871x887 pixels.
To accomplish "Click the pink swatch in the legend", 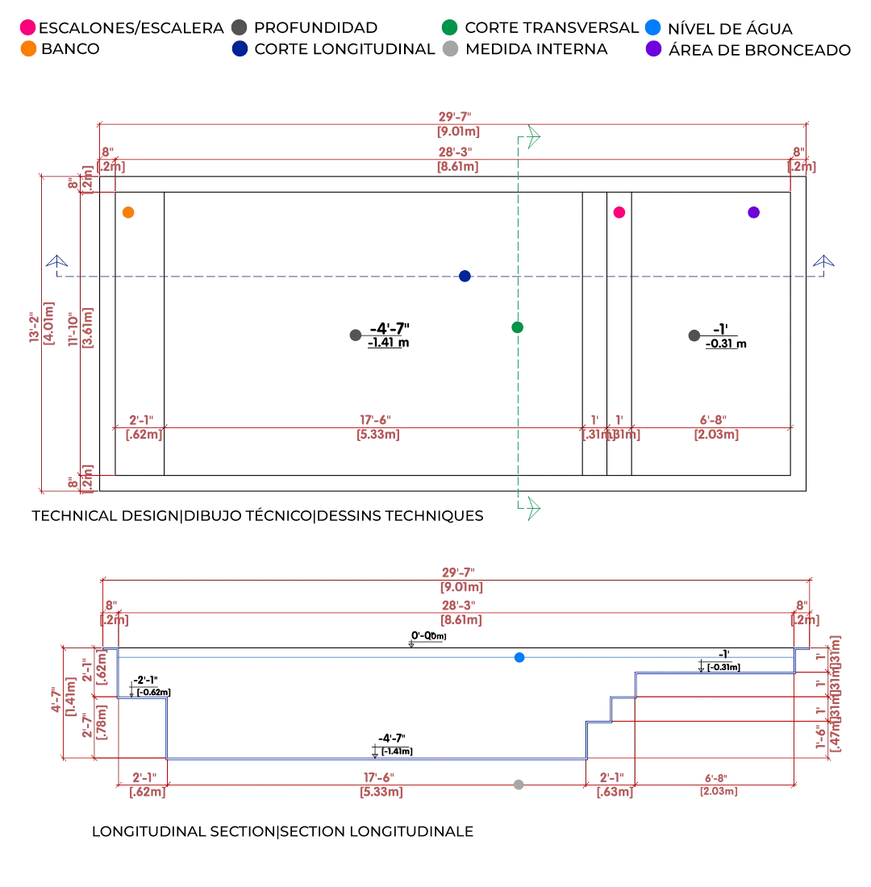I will [x=28, y=29].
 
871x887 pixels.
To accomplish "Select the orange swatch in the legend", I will [x=28, y=48].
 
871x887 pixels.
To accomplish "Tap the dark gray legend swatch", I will [x=240, y=29].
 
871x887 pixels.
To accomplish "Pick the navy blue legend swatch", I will [x=240, y=48].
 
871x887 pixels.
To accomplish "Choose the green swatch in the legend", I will [x=449, y=29].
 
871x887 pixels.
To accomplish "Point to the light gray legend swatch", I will [x=449, y=48].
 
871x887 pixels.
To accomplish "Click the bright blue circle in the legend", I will [x=653, y=29].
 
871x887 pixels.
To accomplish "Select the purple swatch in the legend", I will [x=653, y=48].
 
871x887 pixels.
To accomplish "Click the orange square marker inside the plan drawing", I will [x=127, y=213].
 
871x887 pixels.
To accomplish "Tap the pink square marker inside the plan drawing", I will [x=619, y=213].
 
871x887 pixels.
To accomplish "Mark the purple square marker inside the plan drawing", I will [x=752, y=213].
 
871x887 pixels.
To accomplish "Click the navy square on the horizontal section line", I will [x=464, y=276].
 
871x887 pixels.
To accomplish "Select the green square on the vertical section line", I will [x=519, y=327].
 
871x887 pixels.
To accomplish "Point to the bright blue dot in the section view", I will [x=520, y=658].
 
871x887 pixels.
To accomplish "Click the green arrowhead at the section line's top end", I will [x=533, y=135].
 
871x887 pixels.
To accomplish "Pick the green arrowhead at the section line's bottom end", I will [x=533, y=508].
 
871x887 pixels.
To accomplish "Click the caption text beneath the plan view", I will [x=256, y=516].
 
